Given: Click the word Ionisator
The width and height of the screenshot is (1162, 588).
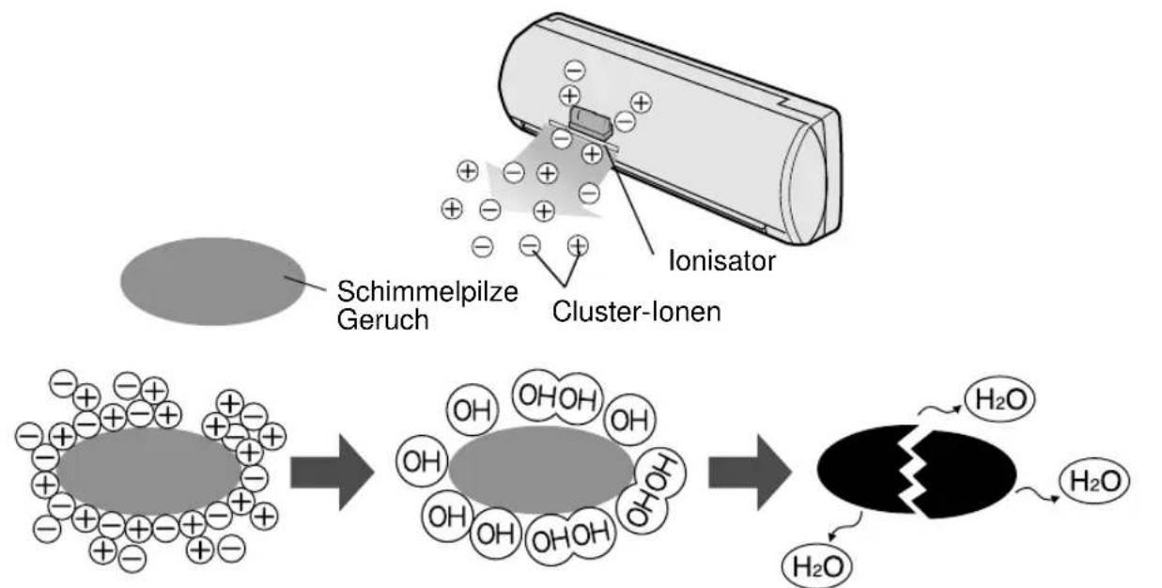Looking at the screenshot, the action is point(721,261).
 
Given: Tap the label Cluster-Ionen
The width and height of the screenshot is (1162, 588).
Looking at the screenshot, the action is point(637,312).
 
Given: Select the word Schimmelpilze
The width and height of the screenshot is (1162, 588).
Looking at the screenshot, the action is point(427,292).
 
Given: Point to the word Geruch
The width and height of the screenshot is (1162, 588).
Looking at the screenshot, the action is point(383,320).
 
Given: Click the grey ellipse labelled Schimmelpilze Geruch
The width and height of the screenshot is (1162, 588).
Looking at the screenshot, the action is point(213,282).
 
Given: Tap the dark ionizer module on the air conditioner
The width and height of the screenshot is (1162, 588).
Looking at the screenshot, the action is point(591,121).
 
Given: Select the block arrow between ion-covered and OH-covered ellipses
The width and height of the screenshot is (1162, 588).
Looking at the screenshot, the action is point(332,472).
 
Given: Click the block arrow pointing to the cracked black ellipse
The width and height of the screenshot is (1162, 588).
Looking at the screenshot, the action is point(750,472).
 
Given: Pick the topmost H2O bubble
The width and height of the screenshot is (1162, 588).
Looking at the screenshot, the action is point(999,399).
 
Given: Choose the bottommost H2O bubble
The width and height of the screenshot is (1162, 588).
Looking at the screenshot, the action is point(817,566).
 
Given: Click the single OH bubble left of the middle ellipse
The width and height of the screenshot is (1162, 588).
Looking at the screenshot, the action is point(422,461).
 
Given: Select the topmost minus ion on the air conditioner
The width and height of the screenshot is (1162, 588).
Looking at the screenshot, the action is point(574,70).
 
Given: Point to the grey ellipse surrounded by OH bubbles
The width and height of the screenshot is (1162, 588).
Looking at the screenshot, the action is point(541,471).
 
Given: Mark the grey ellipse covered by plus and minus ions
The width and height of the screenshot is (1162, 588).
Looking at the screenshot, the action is point(148,471).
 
